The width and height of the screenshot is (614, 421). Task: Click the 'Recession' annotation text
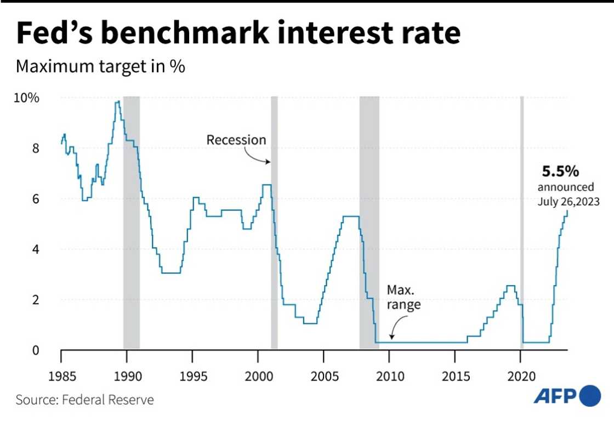[x=236, y=140]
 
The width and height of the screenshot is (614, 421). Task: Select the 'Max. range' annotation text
[x=403, y=297]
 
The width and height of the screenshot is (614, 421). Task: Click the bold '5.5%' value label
[x=560, y=172]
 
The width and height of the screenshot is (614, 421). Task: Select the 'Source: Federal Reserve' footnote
[x=85, y=400]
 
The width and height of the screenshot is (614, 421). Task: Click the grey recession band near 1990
[x=131, y=219]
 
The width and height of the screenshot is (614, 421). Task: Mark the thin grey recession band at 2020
[x=522, y=219]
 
